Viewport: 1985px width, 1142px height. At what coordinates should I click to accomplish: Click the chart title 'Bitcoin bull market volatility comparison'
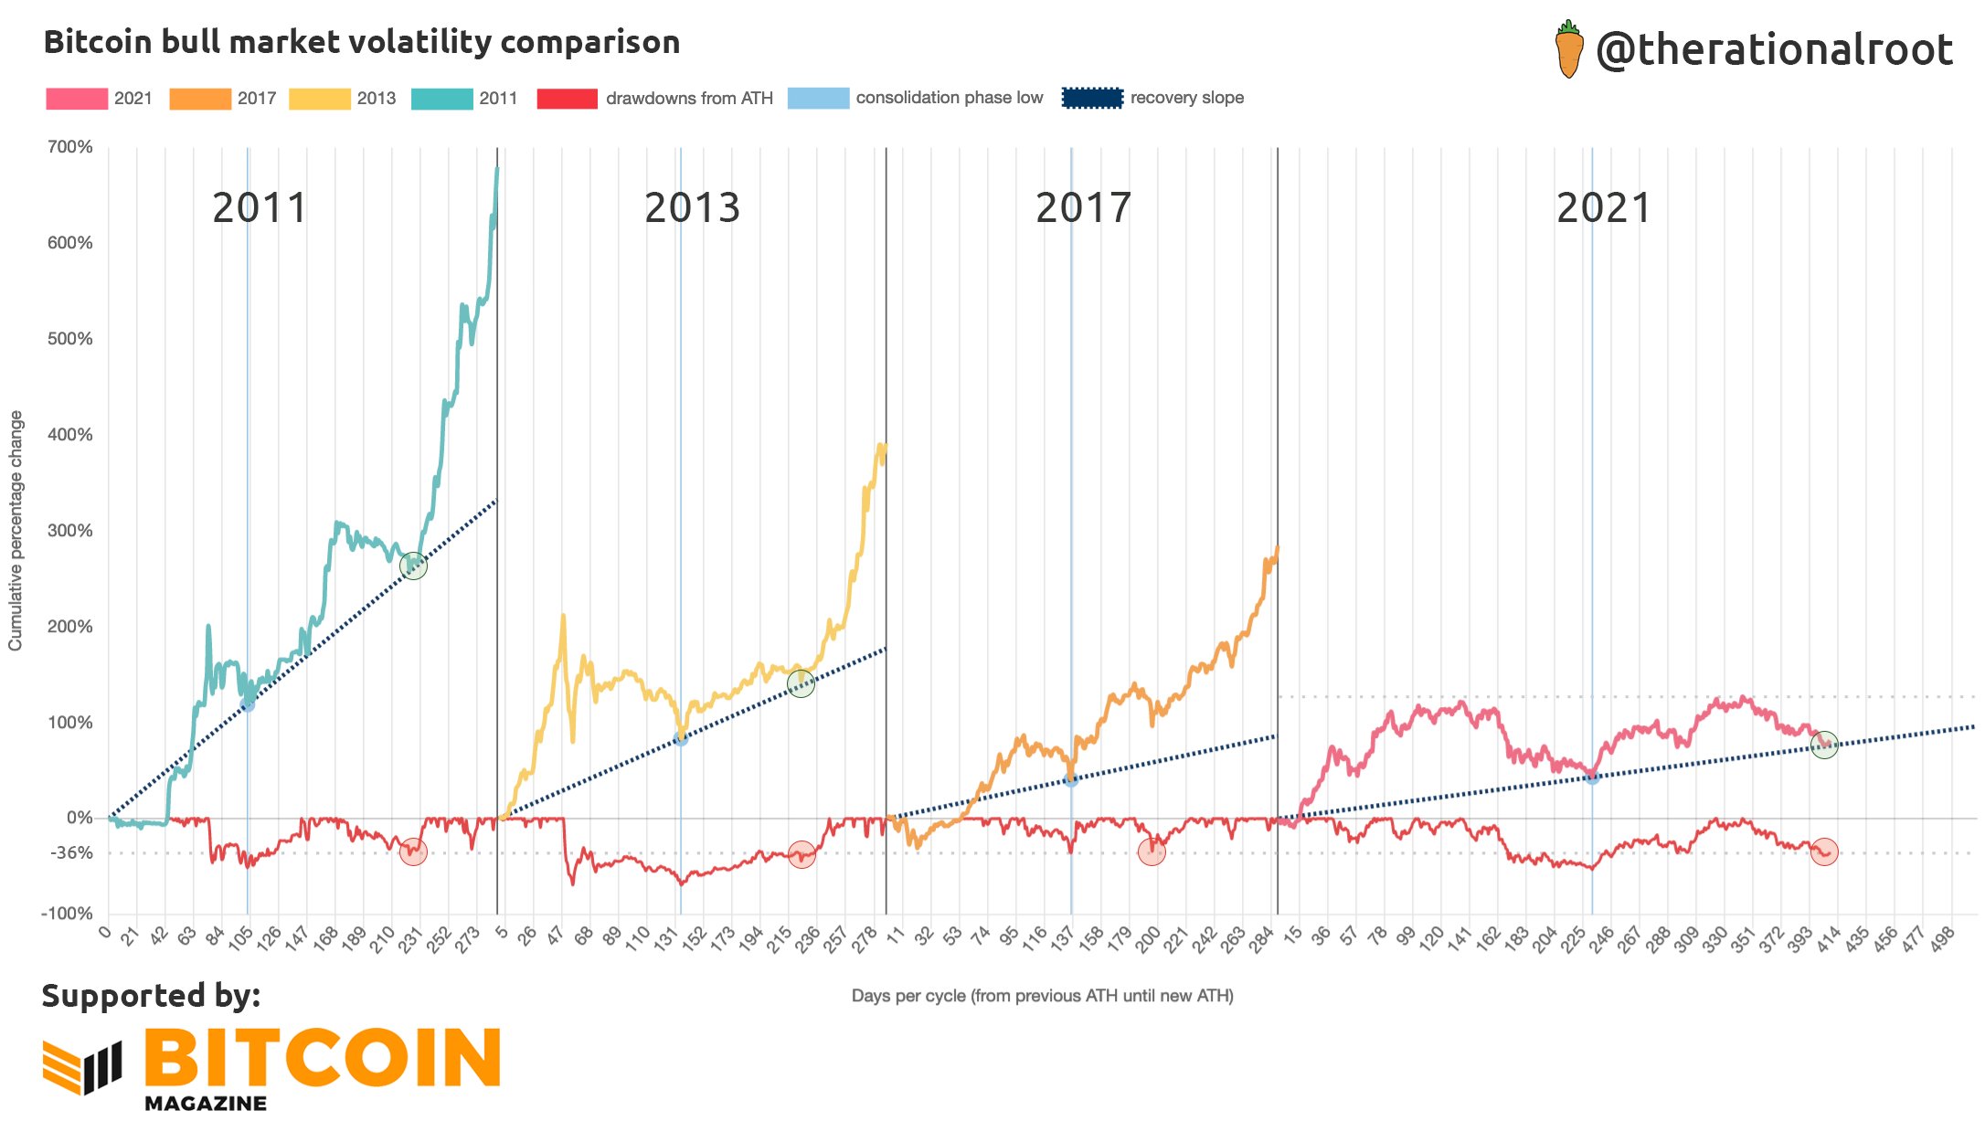(x=362, y=42)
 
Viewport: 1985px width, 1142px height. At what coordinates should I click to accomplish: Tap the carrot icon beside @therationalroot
(x=1568, y=50)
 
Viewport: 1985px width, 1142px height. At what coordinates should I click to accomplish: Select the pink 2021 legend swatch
(x=77, y=99)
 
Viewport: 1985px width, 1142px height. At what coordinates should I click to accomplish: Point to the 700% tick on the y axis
(x=70, y=147)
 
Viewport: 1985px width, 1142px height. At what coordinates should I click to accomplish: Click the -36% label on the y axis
(x=70, y=853)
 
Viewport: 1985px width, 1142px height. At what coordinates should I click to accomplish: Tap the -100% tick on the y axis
(x=67, y=914)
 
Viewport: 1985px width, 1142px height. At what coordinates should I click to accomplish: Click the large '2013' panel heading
(x=692, y=208)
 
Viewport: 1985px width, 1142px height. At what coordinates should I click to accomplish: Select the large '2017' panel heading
(x=1083, y=208)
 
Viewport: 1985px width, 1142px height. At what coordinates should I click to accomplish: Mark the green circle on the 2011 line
(x=413, y=566)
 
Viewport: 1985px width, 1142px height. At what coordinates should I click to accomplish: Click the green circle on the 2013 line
(x=801, y=683)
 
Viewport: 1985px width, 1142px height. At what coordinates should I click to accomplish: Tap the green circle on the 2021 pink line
(x=1824, y=745)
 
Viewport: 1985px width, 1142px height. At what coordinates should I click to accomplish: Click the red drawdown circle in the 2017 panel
(x=1152, y=851)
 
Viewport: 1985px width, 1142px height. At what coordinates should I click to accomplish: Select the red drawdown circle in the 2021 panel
(x=1824, y=851)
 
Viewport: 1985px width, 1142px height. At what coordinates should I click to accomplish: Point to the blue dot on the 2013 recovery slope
(x=680, y=738)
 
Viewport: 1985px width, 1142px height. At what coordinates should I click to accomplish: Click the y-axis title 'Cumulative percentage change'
(x=16, y=531)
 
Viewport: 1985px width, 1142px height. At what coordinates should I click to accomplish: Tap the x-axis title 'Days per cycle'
(x=1042, y=996)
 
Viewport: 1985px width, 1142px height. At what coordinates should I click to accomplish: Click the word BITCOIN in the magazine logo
(x=322, y=1058)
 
